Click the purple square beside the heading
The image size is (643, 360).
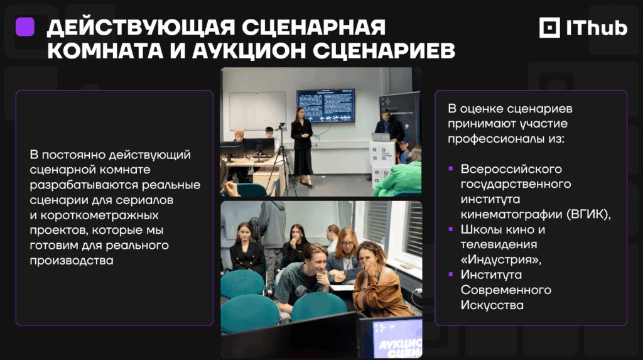pyautogui.click(x=24, y=27)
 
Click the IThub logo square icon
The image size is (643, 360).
pyautogui.click(x=549, y=28)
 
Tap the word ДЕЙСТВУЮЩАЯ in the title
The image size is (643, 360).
pyautogui.click(x=141, y=28)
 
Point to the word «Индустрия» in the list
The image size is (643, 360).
pyautogui.click(x=500, y=259)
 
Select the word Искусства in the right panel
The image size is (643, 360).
pyautogui.click(x=492, y=305)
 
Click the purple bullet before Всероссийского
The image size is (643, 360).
pyautogui.click(x=451, y=169)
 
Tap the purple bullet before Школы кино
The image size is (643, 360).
pyautogui.click(x=451, y=229)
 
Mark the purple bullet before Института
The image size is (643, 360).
pyautogui.click(x=451, y=274)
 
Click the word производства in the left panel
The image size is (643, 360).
pyautogui.click(x=72, y=261)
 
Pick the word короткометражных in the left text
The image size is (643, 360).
pyautogui.click(x=99, y=215)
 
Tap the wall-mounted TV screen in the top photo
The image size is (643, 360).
pyautogui.click(x=326, y=106)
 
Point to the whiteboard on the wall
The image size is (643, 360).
pyautogui.click(x=257, y=111)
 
